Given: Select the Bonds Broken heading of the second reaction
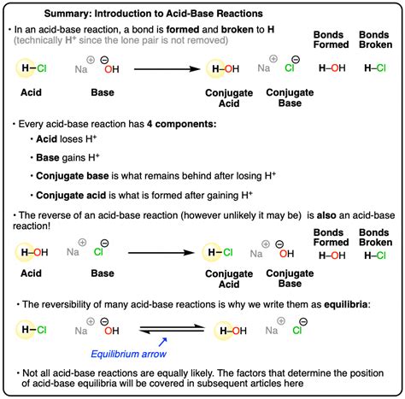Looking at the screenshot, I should point(378,234).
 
